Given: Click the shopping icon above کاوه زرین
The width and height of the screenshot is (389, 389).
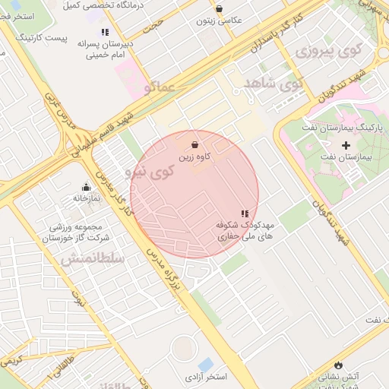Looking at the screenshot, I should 195,144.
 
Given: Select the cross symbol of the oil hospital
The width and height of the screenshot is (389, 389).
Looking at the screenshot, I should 346,144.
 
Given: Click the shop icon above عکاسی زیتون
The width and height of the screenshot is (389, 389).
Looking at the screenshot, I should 220,9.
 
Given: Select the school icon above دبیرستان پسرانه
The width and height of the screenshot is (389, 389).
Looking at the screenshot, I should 105,32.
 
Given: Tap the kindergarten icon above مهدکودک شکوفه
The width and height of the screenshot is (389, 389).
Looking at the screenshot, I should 244,214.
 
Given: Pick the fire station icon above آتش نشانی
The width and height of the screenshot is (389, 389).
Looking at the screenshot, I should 338,364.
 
